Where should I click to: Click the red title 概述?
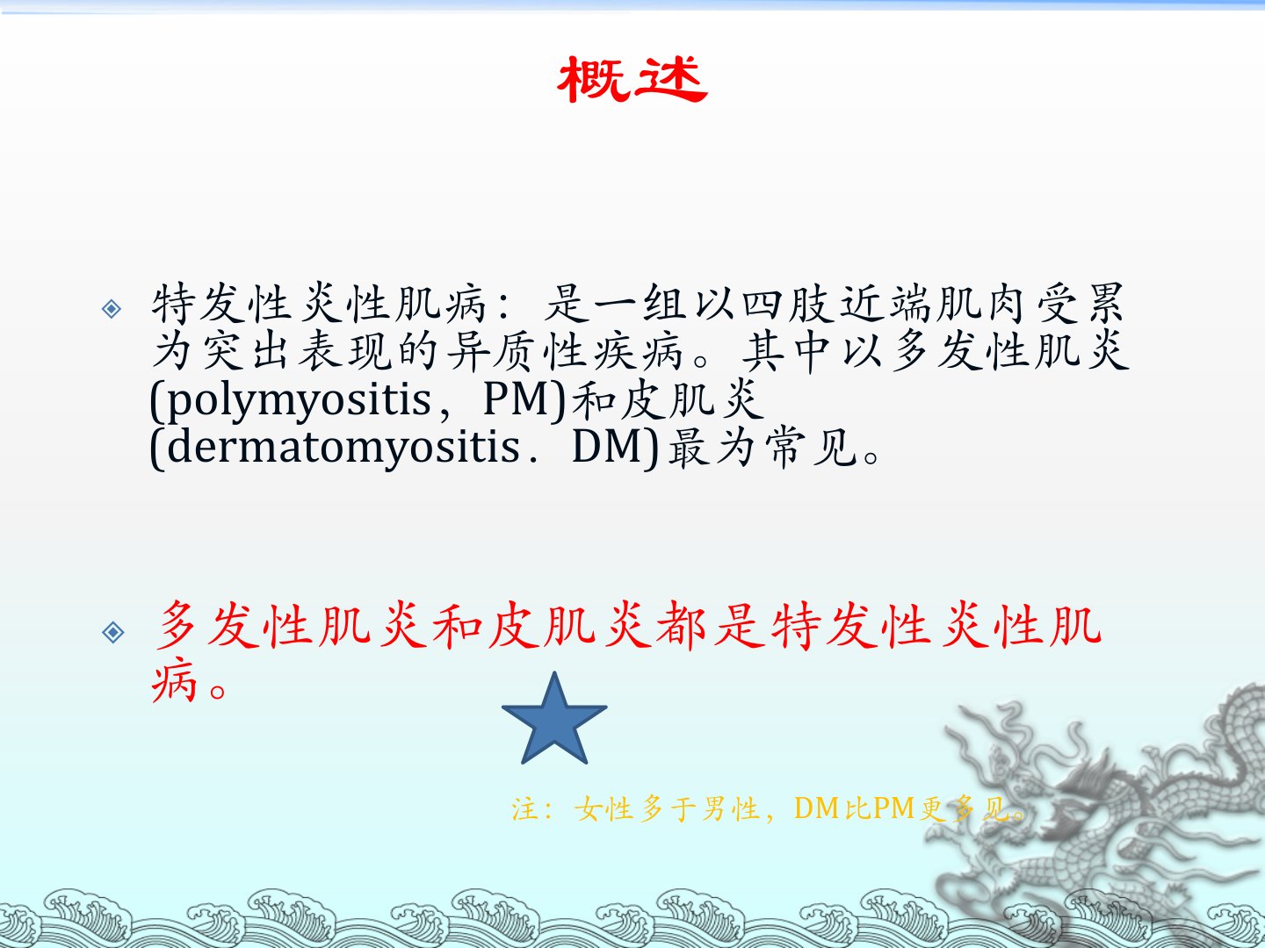click(632, 79)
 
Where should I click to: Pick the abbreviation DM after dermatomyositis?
click(606, 448)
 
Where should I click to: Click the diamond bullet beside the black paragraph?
click(112, 308)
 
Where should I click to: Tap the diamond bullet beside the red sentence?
click(112, 632)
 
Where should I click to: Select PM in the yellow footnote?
click(894, 808)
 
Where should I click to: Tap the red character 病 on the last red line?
click(174, 681)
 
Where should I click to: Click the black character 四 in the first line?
click(761, 304)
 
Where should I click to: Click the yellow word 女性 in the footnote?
click(604, 808)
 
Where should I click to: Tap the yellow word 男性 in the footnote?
click(730, 808)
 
